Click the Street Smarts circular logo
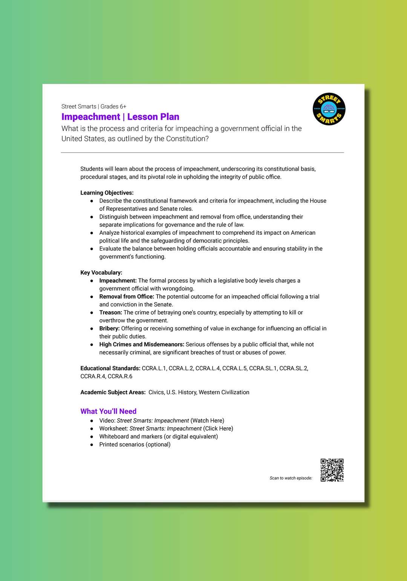pos(329,109)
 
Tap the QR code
pos(332,470)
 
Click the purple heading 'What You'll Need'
pos(108,411)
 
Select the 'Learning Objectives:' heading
pos(107,193)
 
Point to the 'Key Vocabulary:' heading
pos(101,272)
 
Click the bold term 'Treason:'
pos(110,312)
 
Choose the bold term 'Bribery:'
pos(109,328)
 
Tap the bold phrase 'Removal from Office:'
pos(127,297)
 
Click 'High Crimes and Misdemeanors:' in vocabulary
pos(142,344)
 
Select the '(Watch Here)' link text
pos(207,420)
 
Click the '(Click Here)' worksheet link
pos(218,428)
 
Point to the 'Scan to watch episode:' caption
pos(291,478)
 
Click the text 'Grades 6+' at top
pos(113,107)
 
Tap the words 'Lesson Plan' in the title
pos(153,117)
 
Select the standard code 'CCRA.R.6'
pos(120,376)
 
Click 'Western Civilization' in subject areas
pos(224,392)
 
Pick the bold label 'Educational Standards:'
pos(110,368)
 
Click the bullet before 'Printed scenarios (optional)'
pos(92,445)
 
